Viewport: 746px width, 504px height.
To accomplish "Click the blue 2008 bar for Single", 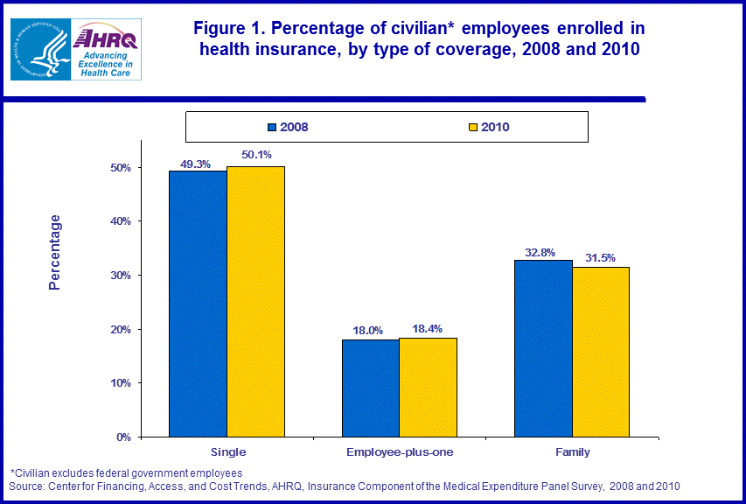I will click(x=198, y=304).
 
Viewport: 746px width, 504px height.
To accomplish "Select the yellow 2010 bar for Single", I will click(x=255, y=301).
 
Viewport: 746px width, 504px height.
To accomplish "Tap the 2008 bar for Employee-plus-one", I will click(x=370, y=388).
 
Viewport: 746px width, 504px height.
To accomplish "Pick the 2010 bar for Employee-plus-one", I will click(x=428, y=387).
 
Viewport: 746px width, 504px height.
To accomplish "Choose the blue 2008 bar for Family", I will click(x=543, y=348).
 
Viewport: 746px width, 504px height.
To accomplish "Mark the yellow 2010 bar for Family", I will click(x=600, y=352).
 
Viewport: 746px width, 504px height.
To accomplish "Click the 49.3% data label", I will click(x=196, y=163).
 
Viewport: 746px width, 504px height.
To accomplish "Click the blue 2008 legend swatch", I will click(x=272, y=127).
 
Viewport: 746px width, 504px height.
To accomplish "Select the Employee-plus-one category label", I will click(x=399, y=452).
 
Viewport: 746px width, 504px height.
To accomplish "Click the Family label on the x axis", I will click(x=572, y=452).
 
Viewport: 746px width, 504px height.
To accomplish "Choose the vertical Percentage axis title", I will click(x=55, y=252).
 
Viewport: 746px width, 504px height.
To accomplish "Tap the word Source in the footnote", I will click(x=25, y=486).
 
